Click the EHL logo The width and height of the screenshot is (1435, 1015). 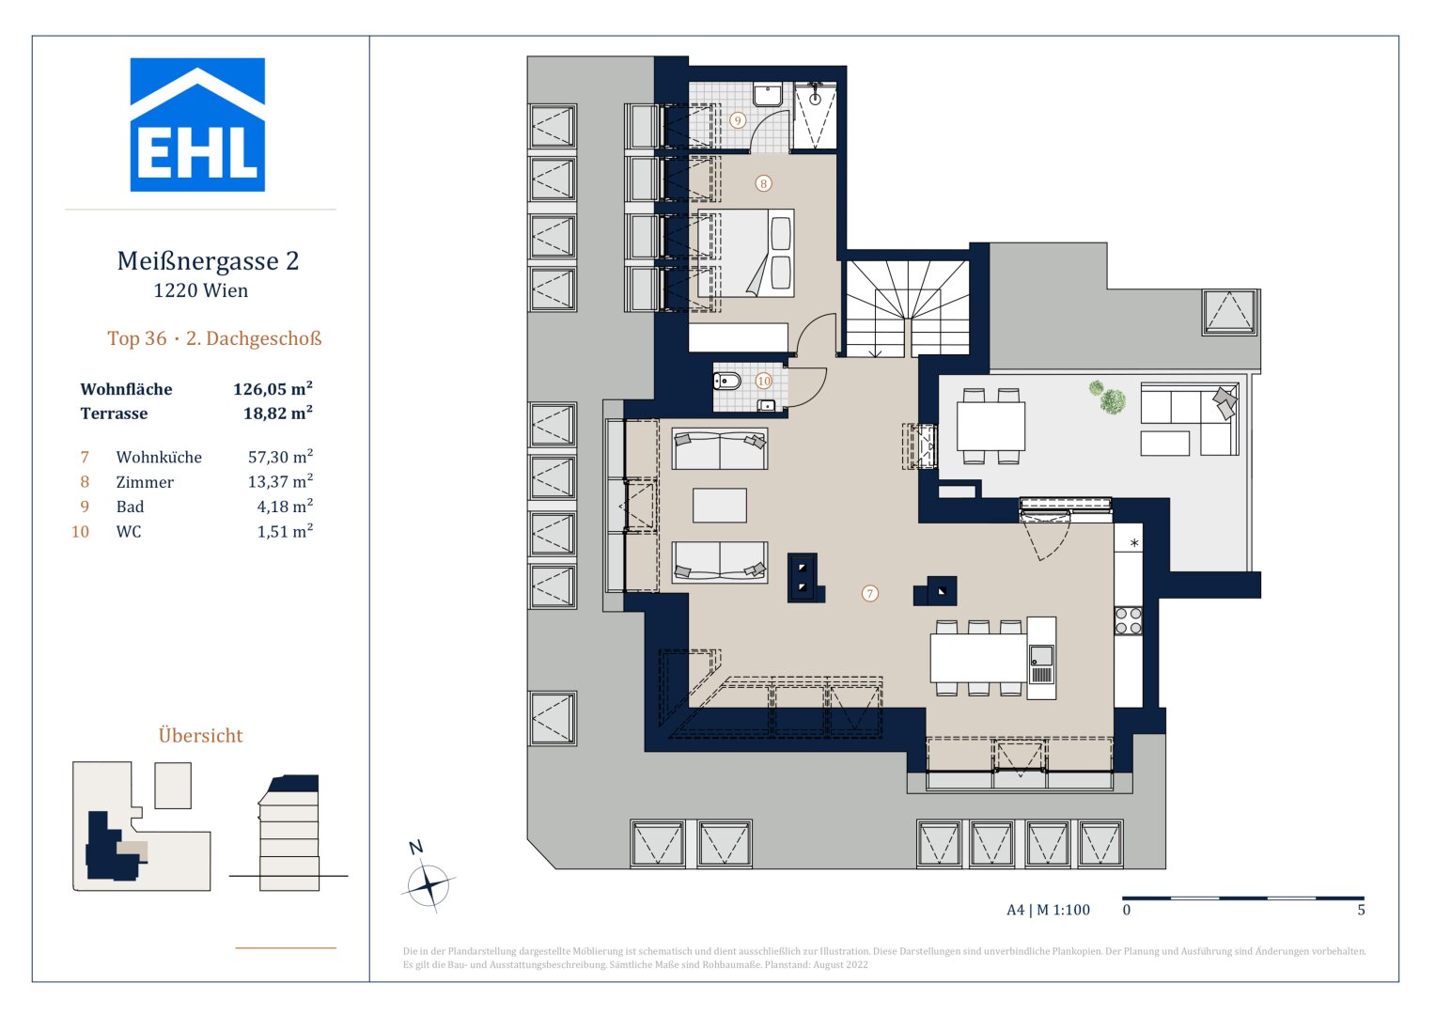(x=197, y=125)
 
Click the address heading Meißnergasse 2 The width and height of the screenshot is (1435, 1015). (x=208, y=261)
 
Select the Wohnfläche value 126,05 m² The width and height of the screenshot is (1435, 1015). (x=273, y=389)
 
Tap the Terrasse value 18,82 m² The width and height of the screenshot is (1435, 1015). (x=277, y=414)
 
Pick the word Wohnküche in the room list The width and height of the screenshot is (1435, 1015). (x=159, y=458)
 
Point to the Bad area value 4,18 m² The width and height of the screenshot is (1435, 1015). (x=285, y=507)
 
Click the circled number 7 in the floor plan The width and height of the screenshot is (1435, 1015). (x=870, y=593)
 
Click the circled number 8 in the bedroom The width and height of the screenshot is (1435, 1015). (x=763, y=183)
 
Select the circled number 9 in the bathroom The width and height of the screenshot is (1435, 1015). (x=738, y=120)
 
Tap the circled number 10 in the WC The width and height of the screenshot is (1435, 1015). (x=763, y=381)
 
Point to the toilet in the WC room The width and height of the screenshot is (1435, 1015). (x=726, y=382)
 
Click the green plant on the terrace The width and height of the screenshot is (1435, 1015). (x=1111, y=399)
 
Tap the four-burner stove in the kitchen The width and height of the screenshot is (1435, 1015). (x=1128, y=621)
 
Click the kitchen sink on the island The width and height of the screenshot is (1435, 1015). (x=1041, y=655)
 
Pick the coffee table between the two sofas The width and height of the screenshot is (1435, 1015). (x=720, y=506)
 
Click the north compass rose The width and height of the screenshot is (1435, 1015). (x=429, y=884)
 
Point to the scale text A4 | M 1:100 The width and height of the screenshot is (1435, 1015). (x=1048, y=910)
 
